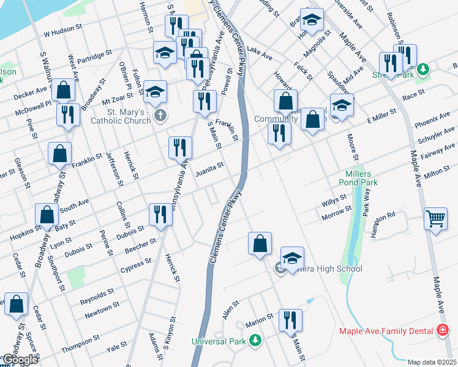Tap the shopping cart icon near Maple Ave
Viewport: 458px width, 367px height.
pyautogui.click(x=435, y=218)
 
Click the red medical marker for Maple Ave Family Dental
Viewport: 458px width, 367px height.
pyautogui.click(x=441, y=330)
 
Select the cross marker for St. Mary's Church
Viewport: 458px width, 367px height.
pyautogui.click(x=160, y=116)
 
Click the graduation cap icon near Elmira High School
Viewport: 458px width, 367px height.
pyautogui.click(x=292, y=257)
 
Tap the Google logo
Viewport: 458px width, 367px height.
pyautogui.click(x=20, y=360)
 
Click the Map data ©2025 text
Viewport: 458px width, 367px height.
pyautogui.click(x=432, y=362)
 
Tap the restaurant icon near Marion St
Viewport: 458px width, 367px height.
pyautogui.click(x=290, y=320)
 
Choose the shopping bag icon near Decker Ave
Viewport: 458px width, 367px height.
pyautogui.click(x=64, y=91)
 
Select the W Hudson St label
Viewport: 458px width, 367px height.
pyautogui.click(x=63, y=29)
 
